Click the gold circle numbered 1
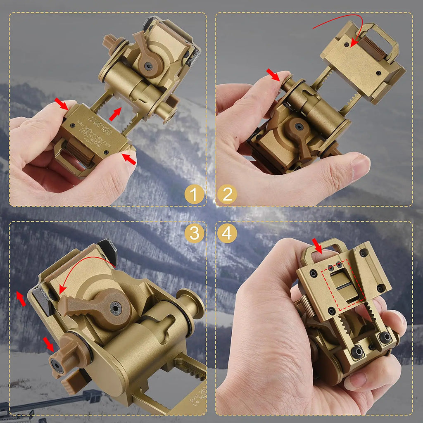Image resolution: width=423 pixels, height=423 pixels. pos(194,194)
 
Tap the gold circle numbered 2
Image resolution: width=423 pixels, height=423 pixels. pos(227,194)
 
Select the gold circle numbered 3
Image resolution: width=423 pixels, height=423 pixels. pos(194,234)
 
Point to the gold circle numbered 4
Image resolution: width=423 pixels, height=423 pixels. pos(227,234)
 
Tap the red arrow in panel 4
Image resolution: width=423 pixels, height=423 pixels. pos(318,246)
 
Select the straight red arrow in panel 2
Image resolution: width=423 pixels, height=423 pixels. pos(273,75)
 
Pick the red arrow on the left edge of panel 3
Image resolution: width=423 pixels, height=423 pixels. pos(21,299)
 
